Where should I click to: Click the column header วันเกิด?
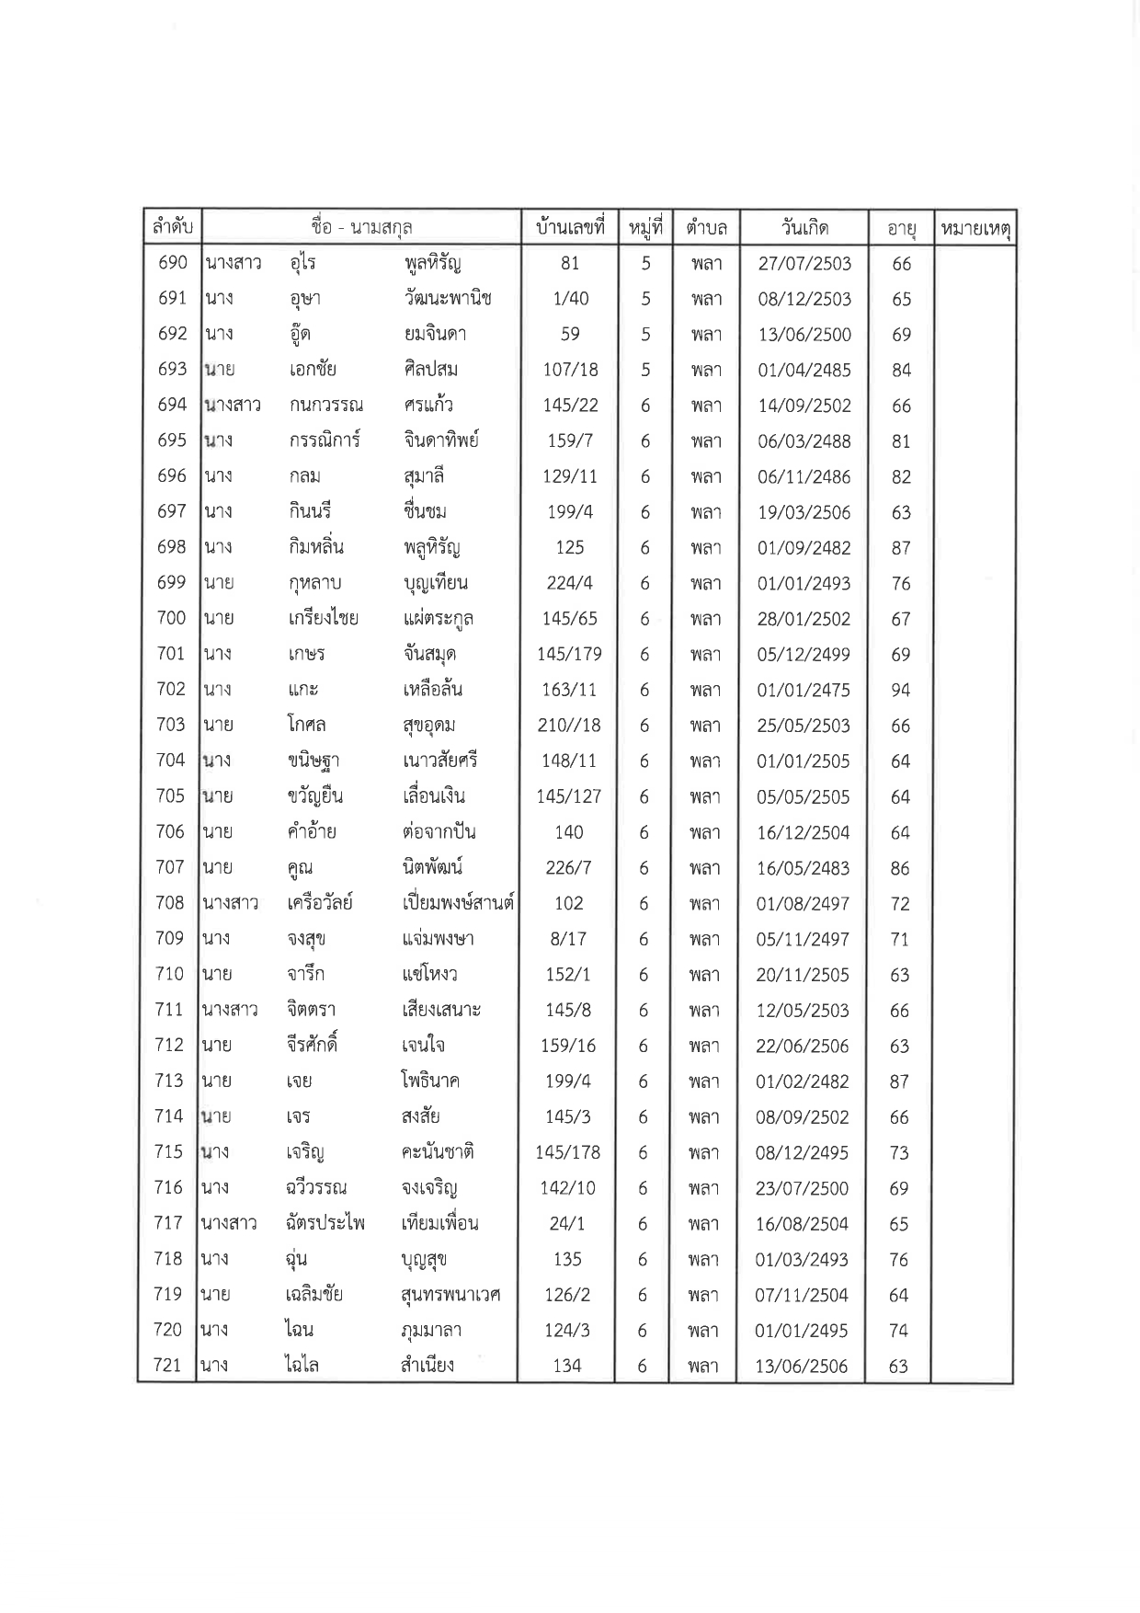click(x=804, y=227)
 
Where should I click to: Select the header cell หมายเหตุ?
click(x=975, y=228)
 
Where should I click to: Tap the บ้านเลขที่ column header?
click(x=570, y=227)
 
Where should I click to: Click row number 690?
click(x=173, y=263)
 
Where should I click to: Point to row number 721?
click(x=167, y=1366)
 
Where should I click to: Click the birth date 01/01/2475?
click(x=804, y=690)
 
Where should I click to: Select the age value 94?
click(x=900, y=690)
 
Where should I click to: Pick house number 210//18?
click(x=569, y=725)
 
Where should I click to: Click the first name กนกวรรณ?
click(x=325, y=406)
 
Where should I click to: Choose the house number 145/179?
click(x=569, y=654)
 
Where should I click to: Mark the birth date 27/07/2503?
click(x=804, y=264)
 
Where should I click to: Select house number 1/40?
click(x=570, y=299)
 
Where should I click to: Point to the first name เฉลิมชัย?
click(x=314, y=1295)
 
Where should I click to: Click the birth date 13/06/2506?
click(x=802, y=1367)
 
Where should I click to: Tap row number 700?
click(x=171, y=618)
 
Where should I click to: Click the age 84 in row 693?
click(x=901, y=370)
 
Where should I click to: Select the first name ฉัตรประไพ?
click(x=325, y=1223)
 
